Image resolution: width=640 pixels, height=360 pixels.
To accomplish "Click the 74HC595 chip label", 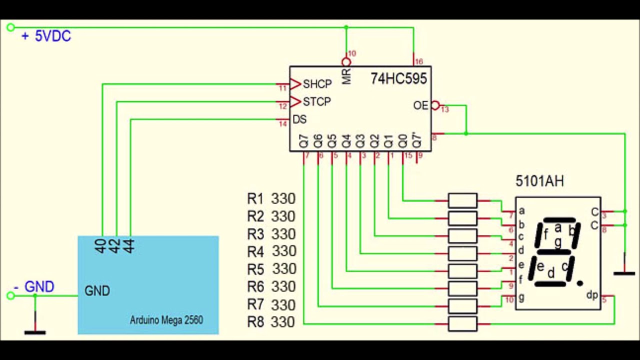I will point(398,78).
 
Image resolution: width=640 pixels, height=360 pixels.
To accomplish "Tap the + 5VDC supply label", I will point(46,36).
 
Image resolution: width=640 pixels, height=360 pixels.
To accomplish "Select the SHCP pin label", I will point(317,84).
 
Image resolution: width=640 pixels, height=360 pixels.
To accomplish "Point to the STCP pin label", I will point(317,102).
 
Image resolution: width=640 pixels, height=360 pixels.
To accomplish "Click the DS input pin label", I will point(299,120).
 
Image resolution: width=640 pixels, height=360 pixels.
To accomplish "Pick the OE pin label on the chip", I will point(420,105).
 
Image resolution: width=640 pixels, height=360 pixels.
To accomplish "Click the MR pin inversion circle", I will point(346,62).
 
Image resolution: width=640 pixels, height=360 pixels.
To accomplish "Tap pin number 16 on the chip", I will point(419,62).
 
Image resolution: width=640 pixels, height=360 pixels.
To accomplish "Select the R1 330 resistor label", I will point(271,199).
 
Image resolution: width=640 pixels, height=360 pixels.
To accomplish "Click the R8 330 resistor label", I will point(271,322).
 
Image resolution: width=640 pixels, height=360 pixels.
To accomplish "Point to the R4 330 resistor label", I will point(271,251).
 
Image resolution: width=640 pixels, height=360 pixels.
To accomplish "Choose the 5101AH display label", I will point(539,181).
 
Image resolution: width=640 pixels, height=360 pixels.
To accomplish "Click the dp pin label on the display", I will point(592,296).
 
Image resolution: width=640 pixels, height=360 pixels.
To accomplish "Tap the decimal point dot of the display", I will point(579,283).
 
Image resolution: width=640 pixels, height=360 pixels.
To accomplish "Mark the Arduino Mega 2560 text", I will point(166,320).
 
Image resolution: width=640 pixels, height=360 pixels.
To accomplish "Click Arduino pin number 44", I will point(129,246).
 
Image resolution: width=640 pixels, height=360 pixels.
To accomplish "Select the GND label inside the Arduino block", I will point(97,291).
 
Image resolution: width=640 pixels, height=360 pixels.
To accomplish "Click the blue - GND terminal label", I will point(34,287).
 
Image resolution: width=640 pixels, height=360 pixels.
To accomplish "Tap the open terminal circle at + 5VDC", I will point(10,27).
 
